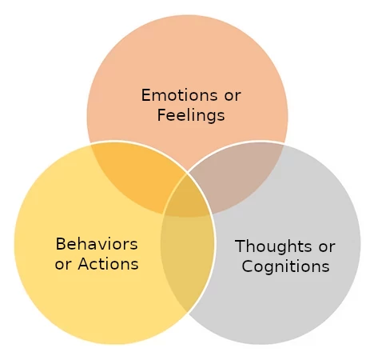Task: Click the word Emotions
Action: coord(179,95)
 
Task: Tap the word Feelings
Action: coord(191,116)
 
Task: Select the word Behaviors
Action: coord(97,244)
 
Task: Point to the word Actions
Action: coord(108,264)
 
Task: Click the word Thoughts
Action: coord(273,246)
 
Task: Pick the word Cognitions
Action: coord(285,266)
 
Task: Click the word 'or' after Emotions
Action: coord(233,96)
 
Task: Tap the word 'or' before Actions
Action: coord(63,266)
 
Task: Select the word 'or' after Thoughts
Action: coord(327,247)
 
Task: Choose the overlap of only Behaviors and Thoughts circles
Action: coord(186,256)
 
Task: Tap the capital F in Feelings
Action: coord(162,115)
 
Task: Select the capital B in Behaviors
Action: coord(61,244)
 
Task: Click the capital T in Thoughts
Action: coord(241,246)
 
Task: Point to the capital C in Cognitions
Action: coord(247,266)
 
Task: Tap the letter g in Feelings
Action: coord(212,118)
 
